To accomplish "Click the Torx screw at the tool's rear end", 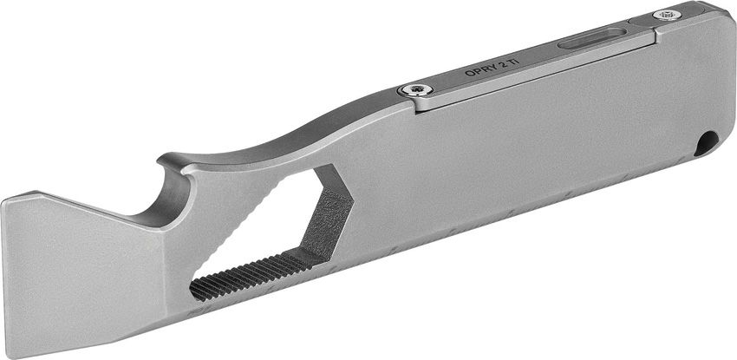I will coord(667,14).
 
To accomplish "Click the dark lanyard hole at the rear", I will coord(708,141).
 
